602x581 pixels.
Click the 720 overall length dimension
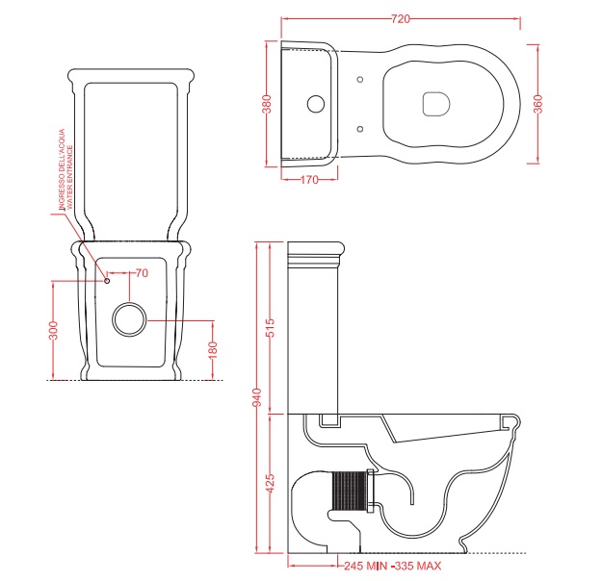[x=401, y=19]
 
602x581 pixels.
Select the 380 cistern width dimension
[x=267, y=104]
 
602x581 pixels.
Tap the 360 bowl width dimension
[x=538, y=104]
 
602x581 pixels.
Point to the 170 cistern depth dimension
[x=309, y=180]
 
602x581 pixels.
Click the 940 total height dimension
[x=257, y=397]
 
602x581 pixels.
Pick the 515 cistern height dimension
[x=271, y=327]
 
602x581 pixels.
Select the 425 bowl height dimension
[x=271, y=484]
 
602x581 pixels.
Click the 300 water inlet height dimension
[x=53, y=330]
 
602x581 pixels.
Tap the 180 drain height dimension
[x=213, y=350]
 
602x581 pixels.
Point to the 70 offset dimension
[x=142, y=273]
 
